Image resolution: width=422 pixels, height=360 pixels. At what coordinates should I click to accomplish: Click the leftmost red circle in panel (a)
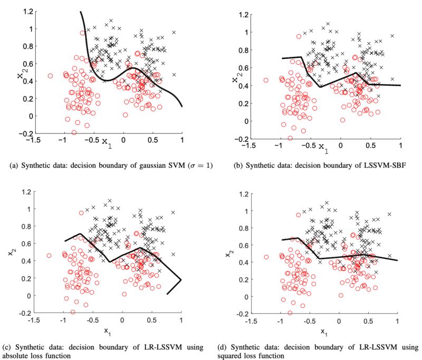click(51, 76)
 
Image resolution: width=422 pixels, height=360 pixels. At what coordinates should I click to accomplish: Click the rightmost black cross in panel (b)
click(391, 36)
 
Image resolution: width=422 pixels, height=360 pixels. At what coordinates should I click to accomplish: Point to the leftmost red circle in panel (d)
click(266, 257)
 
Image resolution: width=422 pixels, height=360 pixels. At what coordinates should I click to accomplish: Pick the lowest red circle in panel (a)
click(74, 133)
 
